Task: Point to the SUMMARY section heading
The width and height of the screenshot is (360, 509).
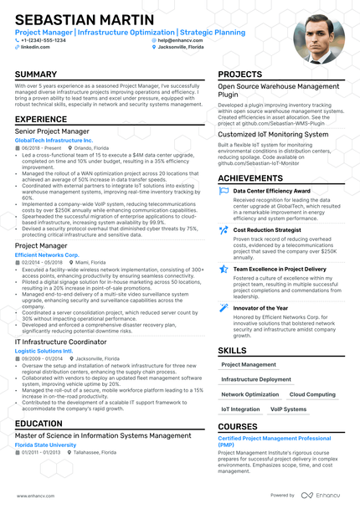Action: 36,75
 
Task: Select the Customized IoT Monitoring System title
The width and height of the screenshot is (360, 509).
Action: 273,134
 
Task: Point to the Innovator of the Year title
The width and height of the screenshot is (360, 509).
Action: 260,308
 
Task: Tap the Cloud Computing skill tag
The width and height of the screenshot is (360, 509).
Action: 311,394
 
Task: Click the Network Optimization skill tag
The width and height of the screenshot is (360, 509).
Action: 249,394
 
